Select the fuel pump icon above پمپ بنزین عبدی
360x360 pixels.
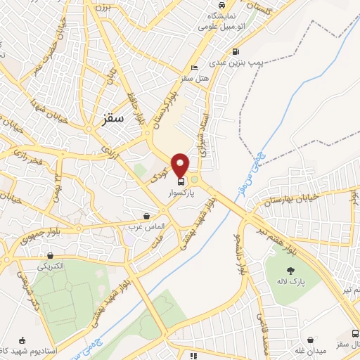235,51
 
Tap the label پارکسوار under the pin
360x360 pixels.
181,191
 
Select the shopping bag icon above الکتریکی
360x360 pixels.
51,256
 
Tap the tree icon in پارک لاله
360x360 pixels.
290,271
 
